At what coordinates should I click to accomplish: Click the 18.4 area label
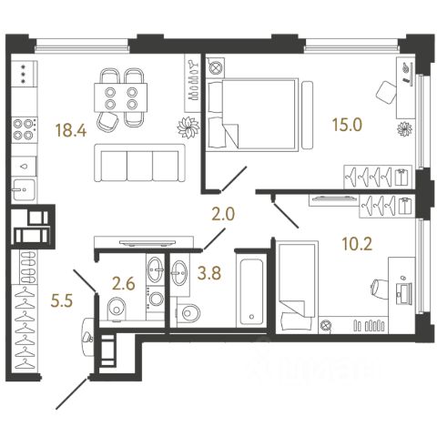71,131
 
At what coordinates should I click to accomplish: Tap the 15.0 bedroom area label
347,125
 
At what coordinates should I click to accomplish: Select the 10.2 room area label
357,244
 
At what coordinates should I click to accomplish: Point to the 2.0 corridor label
223,215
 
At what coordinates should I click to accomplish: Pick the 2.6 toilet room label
123,284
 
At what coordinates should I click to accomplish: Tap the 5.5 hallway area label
62,301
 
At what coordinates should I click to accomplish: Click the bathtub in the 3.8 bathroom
251,290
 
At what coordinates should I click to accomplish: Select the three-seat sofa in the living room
139,163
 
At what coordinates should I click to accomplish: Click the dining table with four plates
121,97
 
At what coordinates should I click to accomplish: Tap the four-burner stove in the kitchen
25,129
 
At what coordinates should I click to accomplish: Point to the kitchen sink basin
24,189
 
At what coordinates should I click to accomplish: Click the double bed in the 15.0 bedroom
252,114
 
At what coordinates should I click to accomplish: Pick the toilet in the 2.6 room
117,309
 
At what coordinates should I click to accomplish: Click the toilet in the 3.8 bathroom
188,312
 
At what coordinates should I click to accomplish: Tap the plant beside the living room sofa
188,127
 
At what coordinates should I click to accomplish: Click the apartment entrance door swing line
72,393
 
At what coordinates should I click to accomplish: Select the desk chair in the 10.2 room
380,287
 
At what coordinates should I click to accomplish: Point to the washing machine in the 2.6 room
156,299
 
